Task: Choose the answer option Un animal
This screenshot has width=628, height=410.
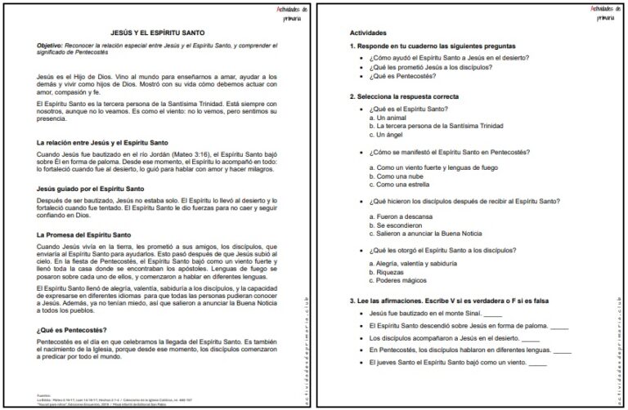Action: click(392, 118)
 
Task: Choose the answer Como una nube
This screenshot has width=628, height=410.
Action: click(399, 176)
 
